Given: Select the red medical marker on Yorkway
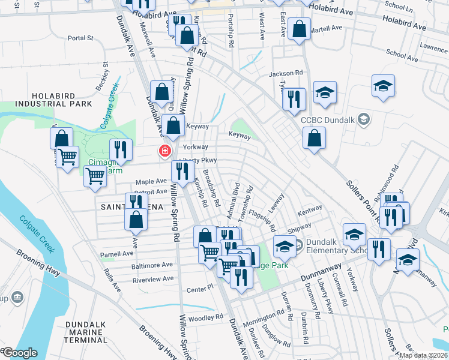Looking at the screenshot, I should click(163, 151).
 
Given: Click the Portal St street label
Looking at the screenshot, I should click(81, 38).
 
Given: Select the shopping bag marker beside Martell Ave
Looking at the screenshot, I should click(299, 29).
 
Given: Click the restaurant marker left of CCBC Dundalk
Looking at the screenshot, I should click(294, 99).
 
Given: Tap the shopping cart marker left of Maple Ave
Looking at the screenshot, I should click(95, 177).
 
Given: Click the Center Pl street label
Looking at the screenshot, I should click(200, 289).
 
